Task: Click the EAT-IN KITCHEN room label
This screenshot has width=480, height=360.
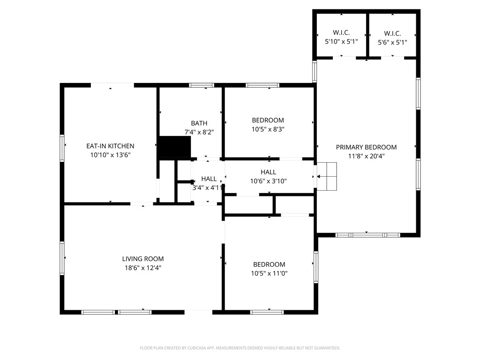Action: point(110,146)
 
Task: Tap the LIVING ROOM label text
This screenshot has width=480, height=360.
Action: point(143,259)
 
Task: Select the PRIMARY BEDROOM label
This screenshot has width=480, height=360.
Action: point(366,147)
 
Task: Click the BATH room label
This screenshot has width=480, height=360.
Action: point(199,123)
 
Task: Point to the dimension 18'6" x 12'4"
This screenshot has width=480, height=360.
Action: point(143,268)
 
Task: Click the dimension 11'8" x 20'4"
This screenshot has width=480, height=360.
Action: point(366,156)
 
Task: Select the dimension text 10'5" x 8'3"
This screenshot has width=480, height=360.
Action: point(268,129)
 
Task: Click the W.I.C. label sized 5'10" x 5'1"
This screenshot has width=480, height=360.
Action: point(341,33)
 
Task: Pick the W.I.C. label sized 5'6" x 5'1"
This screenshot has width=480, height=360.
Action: point(392,33)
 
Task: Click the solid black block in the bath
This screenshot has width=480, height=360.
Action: point(174,147)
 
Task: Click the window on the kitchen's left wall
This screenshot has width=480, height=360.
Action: point(62,148)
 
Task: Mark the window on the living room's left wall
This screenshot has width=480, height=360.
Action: point(62,257)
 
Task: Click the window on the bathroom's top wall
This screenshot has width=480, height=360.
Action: point(202,85)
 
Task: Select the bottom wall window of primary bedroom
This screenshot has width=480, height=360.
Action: point(367,234)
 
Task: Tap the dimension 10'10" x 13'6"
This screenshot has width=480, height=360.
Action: point(110,155)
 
